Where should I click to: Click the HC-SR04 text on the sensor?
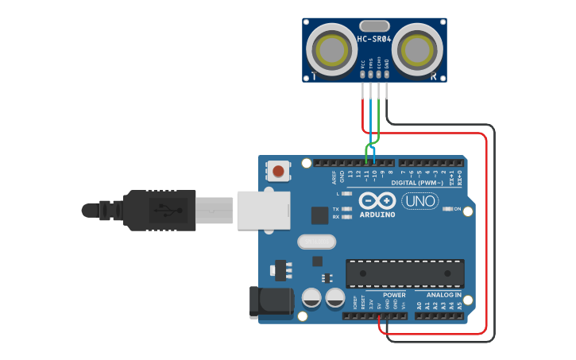(x=374, y=39)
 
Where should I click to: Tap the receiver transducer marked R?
(x=418, y=50)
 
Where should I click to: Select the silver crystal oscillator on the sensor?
(x=374, y=25)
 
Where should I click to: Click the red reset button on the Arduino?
(x=278, y=171)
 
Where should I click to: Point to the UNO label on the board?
(x=419, y=202)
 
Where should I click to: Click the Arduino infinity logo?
(x=377, y=200)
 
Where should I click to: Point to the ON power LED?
(x=447, y=209)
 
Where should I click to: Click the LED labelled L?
(x=346, y=194)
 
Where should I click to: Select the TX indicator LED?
(x=346, y=209)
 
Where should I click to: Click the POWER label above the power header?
(x=372, y=295)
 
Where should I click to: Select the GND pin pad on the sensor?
(x=387, y=75)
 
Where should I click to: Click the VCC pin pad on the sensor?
(x=362, y=75)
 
